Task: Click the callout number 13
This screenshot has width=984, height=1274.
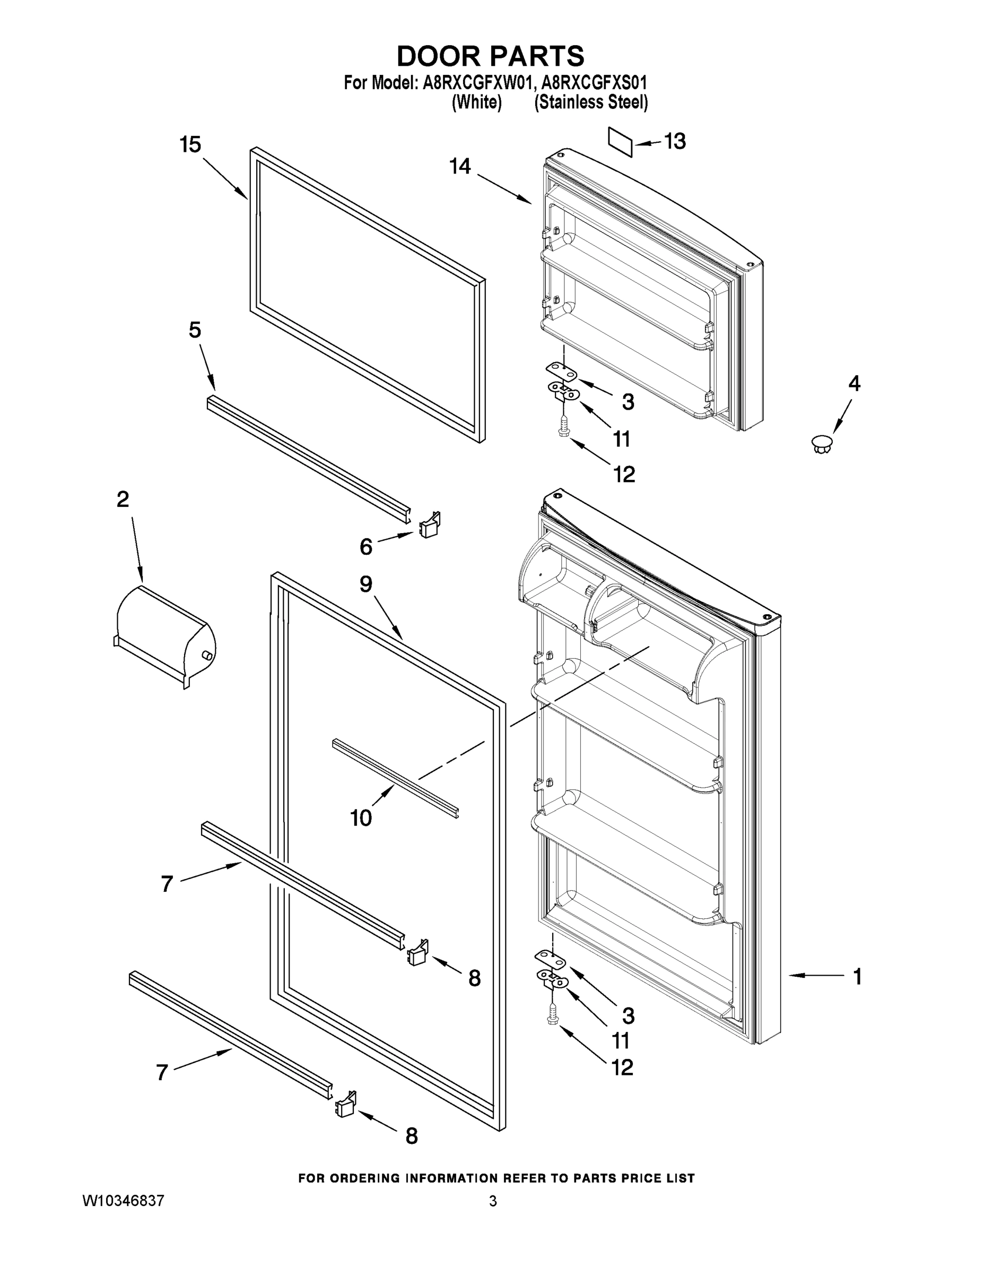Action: pyautogui.click(x=675, y=142)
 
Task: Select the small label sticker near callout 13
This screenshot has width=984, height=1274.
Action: pyautogui.click(x=620, y=142)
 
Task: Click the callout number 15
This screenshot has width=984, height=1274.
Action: pyautogui.click(x=190, y=145)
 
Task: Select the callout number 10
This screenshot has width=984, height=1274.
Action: pyautogui.click(x=361, y=818)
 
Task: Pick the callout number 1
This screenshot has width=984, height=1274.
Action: pyautogui.click(x=857, y=976)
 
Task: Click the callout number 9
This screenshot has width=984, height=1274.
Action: pyautogui.click(x=365, y=584)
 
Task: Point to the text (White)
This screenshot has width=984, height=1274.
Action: pyautogui.click(x=477, y=102)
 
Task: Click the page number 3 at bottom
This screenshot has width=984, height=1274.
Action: pyautogui.click(x=493, y=1201)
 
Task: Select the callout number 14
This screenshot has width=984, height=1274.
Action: pyautogui.click(x=460, y=167)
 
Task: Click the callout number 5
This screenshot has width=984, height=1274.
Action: pyautogui.click(x=195, y=330)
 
